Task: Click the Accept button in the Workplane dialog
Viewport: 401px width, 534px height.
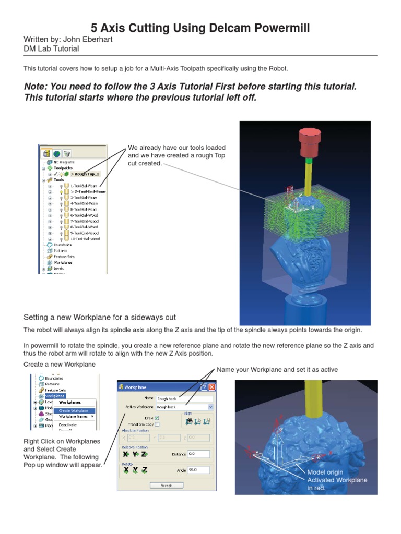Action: coord(167,485)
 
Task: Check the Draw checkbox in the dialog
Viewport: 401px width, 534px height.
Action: coord(157,418)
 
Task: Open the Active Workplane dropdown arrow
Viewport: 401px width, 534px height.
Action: coord(211,406)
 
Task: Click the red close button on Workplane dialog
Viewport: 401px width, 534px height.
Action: coord(211,387)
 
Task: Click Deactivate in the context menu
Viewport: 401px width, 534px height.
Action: coord(68,425)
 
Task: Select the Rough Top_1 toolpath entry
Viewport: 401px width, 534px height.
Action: coord(86,174)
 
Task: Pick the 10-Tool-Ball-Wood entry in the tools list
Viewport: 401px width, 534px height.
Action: coord(84,239)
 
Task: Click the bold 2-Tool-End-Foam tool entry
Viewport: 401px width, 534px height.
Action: coord(87,191)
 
